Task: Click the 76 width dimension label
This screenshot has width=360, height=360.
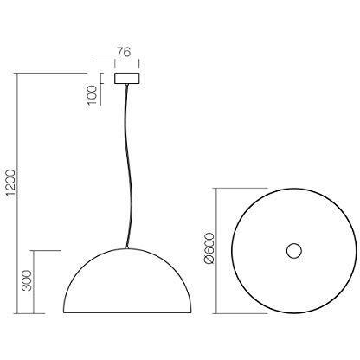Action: tap(124, 52)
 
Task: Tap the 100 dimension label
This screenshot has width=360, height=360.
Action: tap(93, 95)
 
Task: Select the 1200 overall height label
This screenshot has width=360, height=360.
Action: tap(10, 183)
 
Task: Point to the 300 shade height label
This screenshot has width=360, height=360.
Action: tap(28, 280)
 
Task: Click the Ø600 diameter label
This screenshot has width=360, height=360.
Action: tap(209, 248)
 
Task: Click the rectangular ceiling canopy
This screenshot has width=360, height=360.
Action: tap(127, 78)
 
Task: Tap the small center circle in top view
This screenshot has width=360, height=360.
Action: tap(294, 251)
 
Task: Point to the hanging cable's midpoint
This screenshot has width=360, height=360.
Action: tap(130, 166)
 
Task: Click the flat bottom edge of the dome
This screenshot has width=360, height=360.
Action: tap(127, 312)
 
